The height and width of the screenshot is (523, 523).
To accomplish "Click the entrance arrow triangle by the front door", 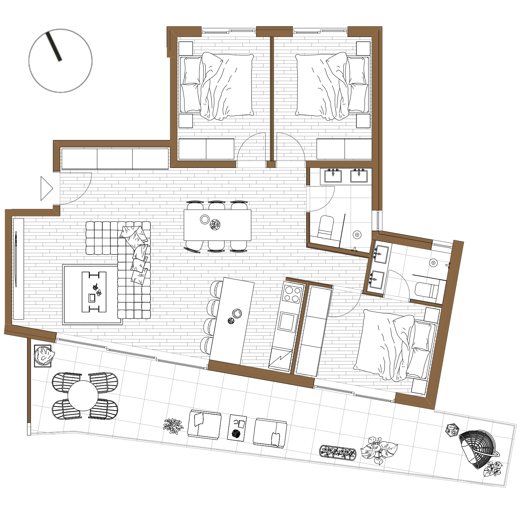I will [46, 188].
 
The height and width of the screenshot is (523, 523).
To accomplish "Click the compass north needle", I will [54, 46].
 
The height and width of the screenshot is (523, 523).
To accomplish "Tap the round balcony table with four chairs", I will [83, 395].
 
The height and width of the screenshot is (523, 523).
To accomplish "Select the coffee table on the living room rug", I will [94, 292].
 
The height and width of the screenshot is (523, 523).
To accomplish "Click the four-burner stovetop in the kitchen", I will [292, 294].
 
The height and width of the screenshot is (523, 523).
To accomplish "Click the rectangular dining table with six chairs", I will [217, 225].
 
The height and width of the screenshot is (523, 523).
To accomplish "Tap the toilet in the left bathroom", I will [325, 228].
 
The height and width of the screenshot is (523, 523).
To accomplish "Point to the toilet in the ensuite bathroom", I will [426, 290].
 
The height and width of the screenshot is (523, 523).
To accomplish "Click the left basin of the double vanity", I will [333, 176].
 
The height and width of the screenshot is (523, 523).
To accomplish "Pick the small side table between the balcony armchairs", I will [237, 427].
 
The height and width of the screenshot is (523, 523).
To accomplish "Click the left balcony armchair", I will [204, 424].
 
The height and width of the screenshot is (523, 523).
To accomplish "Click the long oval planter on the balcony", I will [337, 452].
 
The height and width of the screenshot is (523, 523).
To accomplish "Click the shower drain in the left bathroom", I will [357, 235].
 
